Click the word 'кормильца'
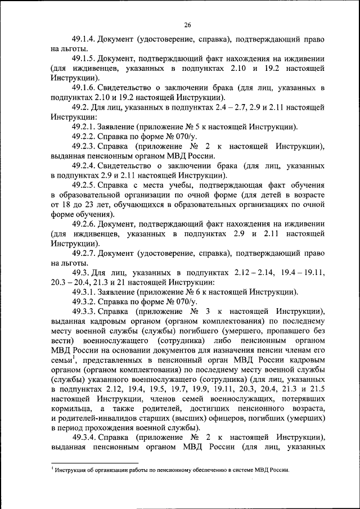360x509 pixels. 69,408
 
